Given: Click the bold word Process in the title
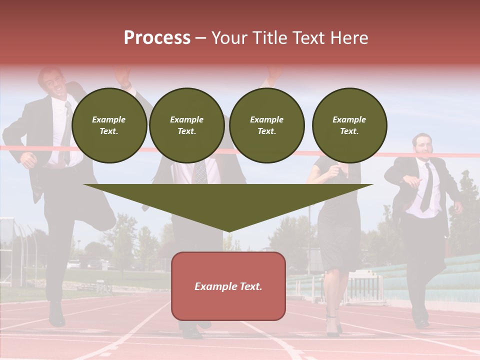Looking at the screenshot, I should (157, 38).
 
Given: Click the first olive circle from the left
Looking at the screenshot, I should (109, 125).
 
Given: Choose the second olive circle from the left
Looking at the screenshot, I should (186, 125).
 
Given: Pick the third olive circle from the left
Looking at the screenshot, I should (266, 125).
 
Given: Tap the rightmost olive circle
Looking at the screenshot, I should (349, 125).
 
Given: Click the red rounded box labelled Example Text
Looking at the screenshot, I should (228, 286).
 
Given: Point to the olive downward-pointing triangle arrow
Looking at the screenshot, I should (228, 205).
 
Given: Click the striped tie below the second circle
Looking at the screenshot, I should (200, 172).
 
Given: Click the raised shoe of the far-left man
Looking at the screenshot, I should (56, 315).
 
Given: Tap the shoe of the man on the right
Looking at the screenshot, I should (421, 322).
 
